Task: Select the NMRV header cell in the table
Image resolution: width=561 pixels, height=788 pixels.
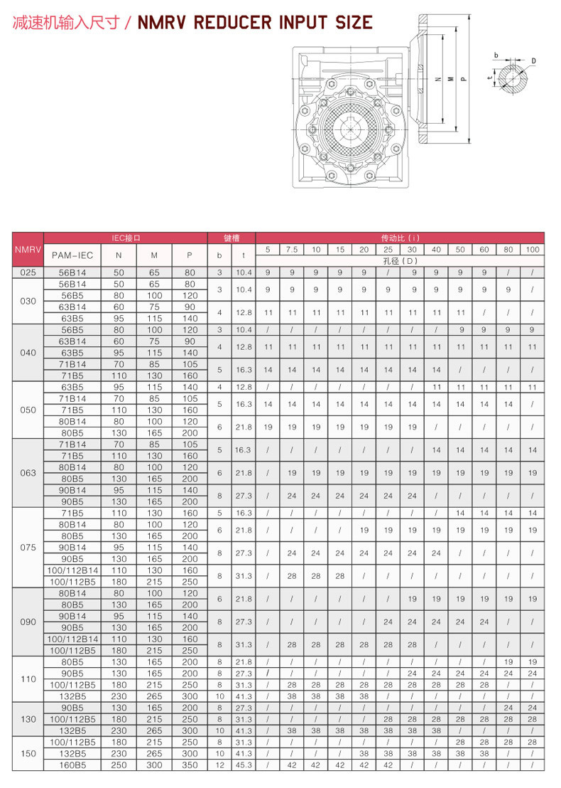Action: [x=28, y=250]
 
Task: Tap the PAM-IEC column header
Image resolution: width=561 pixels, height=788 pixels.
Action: [x=72, y=255]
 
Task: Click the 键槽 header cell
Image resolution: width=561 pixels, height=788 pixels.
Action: [x=231, y=238]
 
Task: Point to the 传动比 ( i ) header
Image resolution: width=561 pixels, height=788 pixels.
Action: [x=401, y=238]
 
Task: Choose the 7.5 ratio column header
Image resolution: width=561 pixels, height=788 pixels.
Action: [x=292, y=250]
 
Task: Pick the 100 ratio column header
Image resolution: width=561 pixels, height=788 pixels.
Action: [x=533, y=250]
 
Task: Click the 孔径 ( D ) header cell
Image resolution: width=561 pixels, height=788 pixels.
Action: [x=401, y=260]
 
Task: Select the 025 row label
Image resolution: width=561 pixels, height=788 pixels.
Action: [x=28, y=272]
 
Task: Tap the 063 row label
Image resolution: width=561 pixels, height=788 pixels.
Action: [x=28, y=473]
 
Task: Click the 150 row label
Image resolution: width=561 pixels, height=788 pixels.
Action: [x=28, y=753]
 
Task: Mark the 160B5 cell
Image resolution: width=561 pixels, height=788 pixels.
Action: [x=72, y=765]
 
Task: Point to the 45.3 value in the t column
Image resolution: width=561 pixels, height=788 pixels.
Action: [x=244, y=765]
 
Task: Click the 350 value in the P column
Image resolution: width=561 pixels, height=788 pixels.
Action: [x=190, y=765]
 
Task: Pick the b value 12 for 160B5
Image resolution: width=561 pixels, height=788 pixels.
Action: [x=219, y=765]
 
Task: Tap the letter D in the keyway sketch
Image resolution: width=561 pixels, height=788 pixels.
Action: [x=533, y=61]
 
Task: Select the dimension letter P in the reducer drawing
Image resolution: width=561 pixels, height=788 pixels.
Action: [x=463, y=79]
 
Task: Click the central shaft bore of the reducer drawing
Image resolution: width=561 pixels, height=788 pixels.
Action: [x=351, y=129]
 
